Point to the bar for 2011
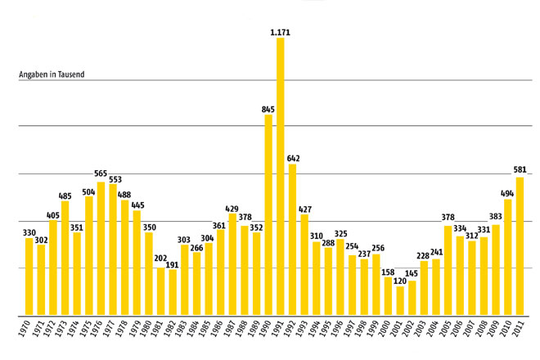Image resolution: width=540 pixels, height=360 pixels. [x=519, y=245]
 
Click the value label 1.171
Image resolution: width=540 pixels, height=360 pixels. [x=280, y=32]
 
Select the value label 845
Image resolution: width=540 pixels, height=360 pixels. [x=268, y=109]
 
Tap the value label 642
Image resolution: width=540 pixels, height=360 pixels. [x=292, y=158]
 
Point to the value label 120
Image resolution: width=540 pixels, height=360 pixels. [x=399, y=280]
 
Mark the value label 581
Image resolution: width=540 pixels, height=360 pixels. [x=519, y=171]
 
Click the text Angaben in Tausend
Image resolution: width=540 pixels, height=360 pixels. [x=52, y=75]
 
